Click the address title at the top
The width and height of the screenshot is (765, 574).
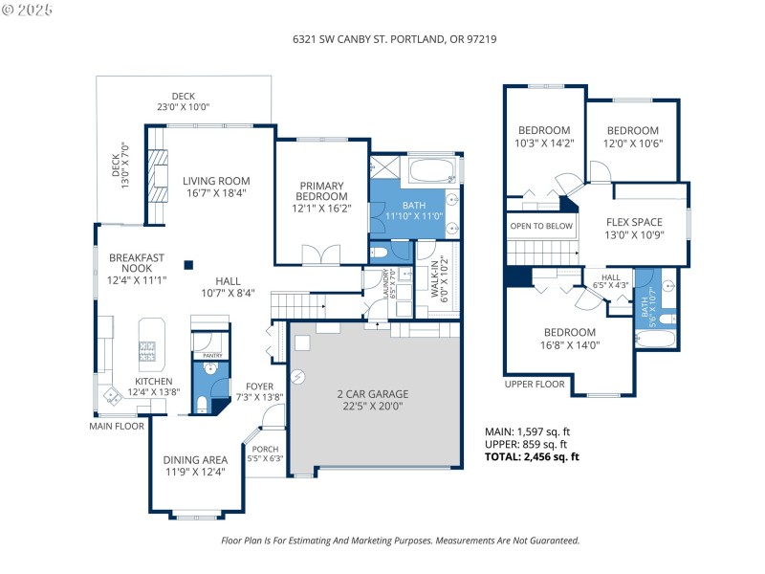(x=394, y=40)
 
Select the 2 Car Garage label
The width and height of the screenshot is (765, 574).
(x=372, y=399)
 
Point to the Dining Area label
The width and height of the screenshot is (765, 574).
(x=195, y=465)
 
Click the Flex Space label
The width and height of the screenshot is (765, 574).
(x=641, y=229)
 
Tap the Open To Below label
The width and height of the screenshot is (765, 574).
(x=541, y=226)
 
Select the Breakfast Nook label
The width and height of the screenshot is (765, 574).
(x=138, y=268)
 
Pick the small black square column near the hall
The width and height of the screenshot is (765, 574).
(x=188, y=265)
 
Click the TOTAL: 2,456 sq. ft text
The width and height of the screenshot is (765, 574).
(x=532, y=456)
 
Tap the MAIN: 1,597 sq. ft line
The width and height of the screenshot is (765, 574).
(x=528, y=431)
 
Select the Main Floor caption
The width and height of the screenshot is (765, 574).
(x=119, y=425)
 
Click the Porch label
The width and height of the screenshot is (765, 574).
(x=266, y=453)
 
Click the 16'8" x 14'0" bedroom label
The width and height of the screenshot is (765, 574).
(x=570, y=339)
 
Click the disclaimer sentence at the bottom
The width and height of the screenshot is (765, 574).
(x=400, y=541)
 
